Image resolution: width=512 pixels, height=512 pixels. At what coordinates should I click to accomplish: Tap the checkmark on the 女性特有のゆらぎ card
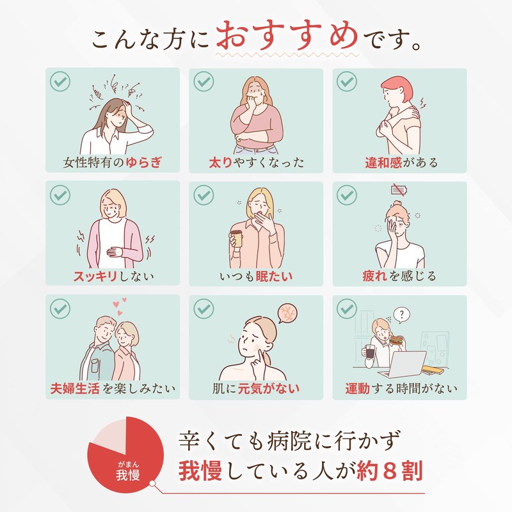[x=60, y=81]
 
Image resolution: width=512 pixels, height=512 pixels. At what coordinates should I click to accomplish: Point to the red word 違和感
[x=378, y=162]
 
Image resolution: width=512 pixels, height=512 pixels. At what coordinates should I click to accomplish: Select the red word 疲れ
[x=373, y=276]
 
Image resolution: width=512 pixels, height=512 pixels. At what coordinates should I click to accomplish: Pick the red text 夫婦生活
[x=76, y=388]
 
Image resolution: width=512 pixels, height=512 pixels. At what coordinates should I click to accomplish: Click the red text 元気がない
[x=269, y=388]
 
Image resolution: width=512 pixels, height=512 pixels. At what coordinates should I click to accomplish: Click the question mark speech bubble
[x=401, y=314]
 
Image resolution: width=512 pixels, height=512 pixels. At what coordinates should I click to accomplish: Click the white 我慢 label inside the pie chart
[x=129, y=473]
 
